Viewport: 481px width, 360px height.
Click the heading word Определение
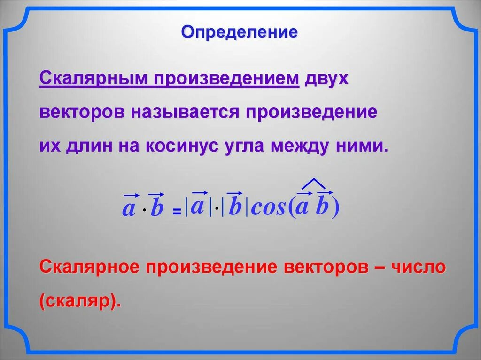point(240,32)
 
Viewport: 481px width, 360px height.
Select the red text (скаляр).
point(80,300)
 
